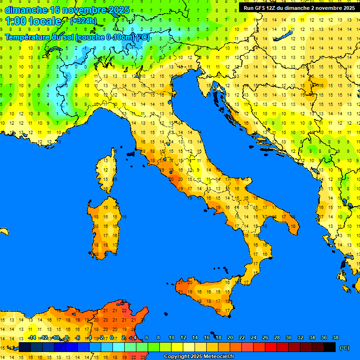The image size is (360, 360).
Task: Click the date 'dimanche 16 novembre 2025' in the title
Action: click(67, 10)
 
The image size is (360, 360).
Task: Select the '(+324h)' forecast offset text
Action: click(83, 21)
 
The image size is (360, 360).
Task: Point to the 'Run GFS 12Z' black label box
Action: click(299, 7)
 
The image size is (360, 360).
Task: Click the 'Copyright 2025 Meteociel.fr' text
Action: click(198, 356)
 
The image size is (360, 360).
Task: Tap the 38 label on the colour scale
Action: click(335, 337)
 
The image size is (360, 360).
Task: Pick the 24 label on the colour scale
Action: click(254, 337)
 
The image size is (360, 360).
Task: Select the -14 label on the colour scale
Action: click(32, 337)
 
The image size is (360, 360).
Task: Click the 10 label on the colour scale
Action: click(172, 337)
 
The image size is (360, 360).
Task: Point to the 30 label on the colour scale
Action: click(289, 337)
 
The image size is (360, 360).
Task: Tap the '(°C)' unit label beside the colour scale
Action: click(344, 347)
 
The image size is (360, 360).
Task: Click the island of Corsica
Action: click(108, 171)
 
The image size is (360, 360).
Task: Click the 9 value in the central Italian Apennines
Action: click(198, 170)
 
